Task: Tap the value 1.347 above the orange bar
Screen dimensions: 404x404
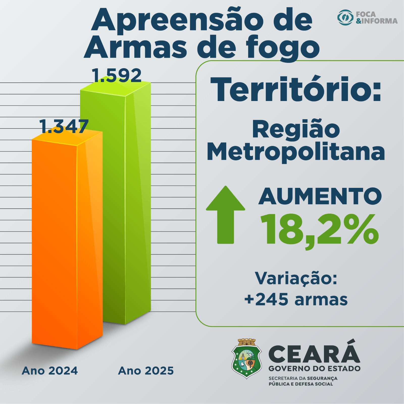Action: click(64, 127)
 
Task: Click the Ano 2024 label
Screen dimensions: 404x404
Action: click(50, 371)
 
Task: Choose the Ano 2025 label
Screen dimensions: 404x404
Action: click(146, 371)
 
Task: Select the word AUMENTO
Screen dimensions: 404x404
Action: click(320, 196)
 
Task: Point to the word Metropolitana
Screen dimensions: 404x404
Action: click(296, 152)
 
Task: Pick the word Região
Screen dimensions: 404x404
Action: click(296, 129)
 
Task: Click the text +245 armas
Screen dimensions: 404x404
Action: click(296, 299)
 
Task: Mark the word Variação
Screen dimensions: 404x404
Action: click(296, 278)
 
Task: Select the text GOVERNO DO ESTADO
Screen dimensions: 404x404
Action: click(314, 369)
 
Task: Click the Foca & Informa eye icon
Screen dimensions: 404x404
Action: click(345, 17)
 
